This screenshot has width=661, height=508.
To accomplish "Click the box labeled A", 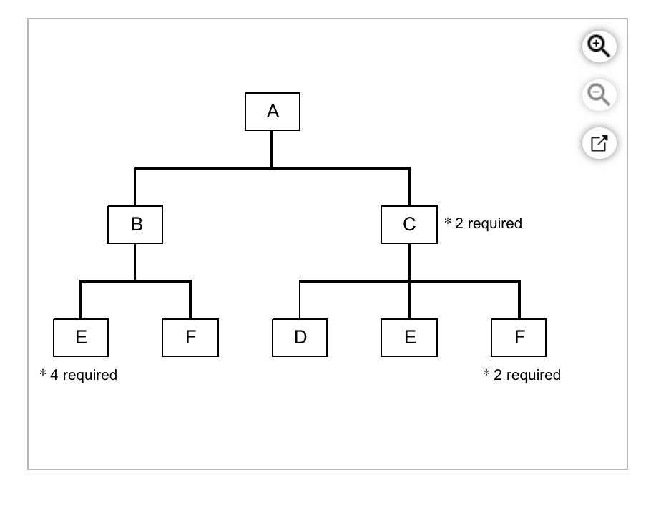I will [x=272, y=112].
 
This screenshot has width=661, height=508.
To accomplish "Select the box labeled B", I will [x=135, y=225].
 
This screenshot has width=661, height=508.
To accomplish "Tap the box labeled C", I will [x=408, y=225].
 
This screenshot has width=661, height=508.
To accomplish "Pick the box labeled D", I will [x=300, y=338].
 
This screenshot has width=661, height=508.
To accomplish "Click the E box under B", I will [x=81, y=338].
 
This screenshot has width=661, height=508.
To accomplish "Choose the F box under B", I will [x=190, y=338].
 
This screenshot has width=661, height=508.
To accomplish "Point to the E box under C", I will [x=409, y=338].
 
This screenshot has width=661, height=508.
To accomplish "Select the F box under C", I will [x=519, y=338].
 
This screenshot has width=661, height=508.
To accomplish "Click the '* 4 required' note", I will [x=78, y=375].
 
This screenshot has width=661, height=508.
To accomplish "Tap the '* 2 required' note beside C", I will [x=483, y=223].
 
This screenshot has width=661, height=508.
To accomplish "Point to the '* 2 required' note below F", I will [x=522, y=375].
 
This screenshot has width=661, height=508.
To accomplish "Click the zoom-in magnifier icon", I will [x=598, y=47].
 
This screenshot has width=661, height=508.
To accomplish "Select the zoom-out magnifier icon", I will [x=598, y=94].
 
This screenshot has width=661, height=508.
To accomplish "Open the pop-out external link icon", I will [x=598, y=143].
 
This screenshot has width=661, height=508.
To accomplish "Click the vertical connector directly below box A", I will [x=272, y=149].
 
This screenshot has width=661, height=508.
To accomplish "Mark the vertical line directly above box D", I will [x=300, y=301].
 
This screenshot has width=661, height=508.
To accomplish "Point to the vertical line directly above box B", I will [x=135, y=187].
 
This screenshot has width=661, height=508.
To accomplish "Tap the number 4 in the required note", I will [x=54, y=375].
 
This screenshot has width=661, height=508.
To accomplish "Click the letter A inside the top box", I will [x=273, y=112].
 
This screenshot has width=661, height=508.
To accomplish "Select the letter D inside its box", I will [x=300, y=338].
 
